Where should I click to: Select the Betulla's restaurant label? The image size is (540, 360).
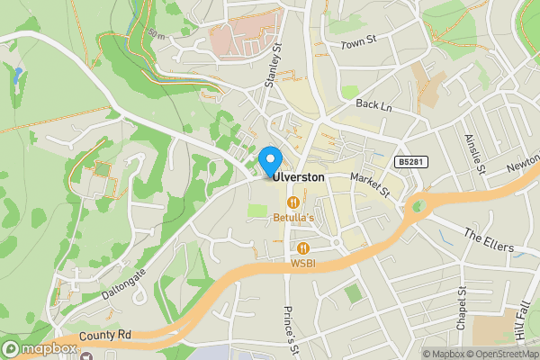pyautogui.click(x=292, y=219)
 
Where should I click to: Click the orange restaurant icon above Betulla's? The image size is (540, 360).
pyautogui.click(x=292, y=203)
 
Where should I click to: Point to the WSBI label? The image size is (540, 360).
pyautogui.click(x=302, y=263)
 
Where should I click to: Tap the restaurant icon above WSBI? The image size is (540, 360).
pyautogui.click(x=303, y=247)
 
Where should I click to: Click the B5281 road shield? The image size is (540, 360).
pyautogui.click(x=409, y=162)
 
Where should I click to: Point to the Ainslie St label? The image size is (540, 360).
pyautogui.click(x=474, y=154)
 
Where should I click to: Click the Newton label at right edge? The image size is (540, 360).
pyautogui.click(x=523, y=166)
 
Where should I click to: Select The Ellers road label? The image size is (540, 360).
pyautogui.click(x=487, y=240)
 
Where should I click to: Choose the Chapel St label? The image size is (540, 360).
pyautogui.click(x=461, y=309)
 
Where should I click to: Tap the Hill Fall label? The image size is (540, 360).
pyautogui.click(x=521, y=320)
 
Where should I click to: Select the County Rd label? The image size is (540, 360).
pyautogui.click(x=104, y=336)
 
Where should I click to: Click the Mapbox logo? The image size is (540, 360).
pyautogui.click(x=40, y=348)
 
